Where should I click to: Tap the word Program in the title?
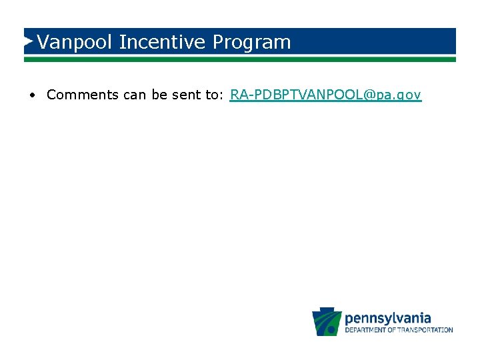(252, 43)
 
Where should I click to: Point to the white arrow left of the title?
(29, 41)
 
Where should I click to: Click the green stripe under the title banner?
(240, 59)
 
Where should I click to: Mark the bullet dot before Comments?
(32, 95)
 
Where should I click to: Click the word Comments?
(82, 95)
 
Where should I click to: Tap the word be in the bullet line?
(159, 95)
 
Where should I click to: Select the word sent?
(188, 95)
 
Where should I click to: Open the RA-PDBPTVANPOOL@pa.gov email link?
(325, 95)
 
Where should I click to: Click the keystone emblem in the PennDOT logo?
(327, 321)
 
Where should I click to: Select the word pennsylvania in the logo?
(388, 318)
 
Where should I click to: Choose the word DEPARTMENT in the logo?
(369, 330)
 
